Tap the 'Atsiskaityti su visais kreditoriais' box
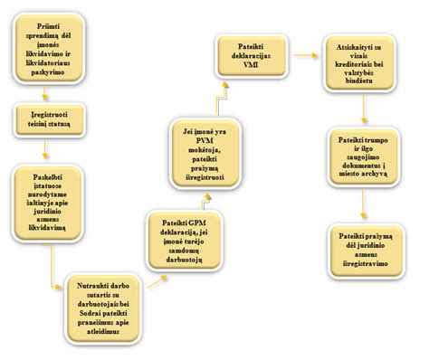click(x=361, y=71)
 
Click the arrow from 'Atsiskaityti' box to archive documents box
click(x=361, y=113)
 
